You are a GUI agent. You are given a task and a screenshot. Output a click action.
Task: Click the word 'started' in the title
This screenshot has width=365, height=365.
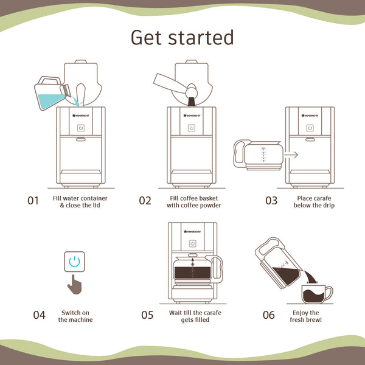pos(201,37)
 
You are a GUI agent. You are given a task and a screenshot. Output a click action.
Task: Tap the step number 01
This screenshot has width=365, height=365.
pos(33,201)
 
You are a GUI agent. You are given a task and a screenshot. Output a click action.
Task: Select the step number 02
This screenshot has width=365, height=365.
pos(145,201)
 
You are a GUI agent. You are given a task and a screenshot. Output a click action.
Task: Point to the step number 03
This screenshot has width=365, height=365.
pos(271,201)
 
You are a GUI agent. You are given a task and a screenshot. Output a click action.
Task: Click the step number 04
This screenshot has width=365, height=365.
pos(39,315)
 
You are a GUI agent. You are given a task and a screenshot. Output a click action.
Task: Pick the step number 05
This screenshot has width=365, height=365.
pos(147,315)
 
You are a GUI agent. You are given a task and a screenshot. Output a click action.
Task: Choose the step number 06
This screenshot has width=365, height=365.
pos(269,315)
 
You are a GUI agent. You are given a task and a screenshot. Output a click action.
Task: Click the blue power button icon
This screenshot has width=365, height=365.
pos(74,262)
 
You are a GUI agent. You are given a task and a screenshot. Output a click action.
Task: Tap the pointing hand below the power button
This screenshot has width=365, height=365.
pos(75,285)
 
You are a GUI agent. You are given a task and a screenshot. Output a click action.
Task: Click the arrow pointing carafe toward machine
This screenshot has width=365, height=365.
pos(291,155)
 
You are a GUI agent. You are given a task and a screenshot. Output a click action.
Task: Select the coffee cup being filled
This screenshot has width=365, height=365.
pos(317,294)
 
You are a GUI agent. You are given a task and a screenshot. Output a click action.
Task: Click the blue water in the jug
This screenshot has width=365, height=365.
pos(50,101)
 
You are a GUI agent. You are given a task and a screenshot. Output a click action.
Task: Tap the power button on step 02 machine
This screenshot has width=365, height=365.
pos(192,128)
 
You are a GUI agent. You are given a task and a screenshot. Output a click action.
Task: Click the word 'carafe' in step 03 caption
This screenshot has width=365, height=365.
pos(322,198)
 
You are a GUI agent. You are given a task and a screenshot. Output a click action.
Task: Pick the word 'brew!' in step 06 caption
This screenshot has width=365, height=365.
pos(315,319)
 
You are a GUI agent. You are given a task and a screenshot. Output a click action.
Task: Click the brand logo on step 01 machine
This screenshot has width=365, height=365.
pos(81,115)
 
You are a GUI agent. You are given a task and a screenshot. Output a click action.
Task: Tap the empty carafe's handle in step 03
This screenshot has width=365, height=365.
pos(240,154)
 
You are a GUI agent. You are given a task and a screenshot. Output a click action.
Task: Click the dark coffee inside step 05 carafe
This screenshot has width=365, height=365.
pos(192,273)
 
